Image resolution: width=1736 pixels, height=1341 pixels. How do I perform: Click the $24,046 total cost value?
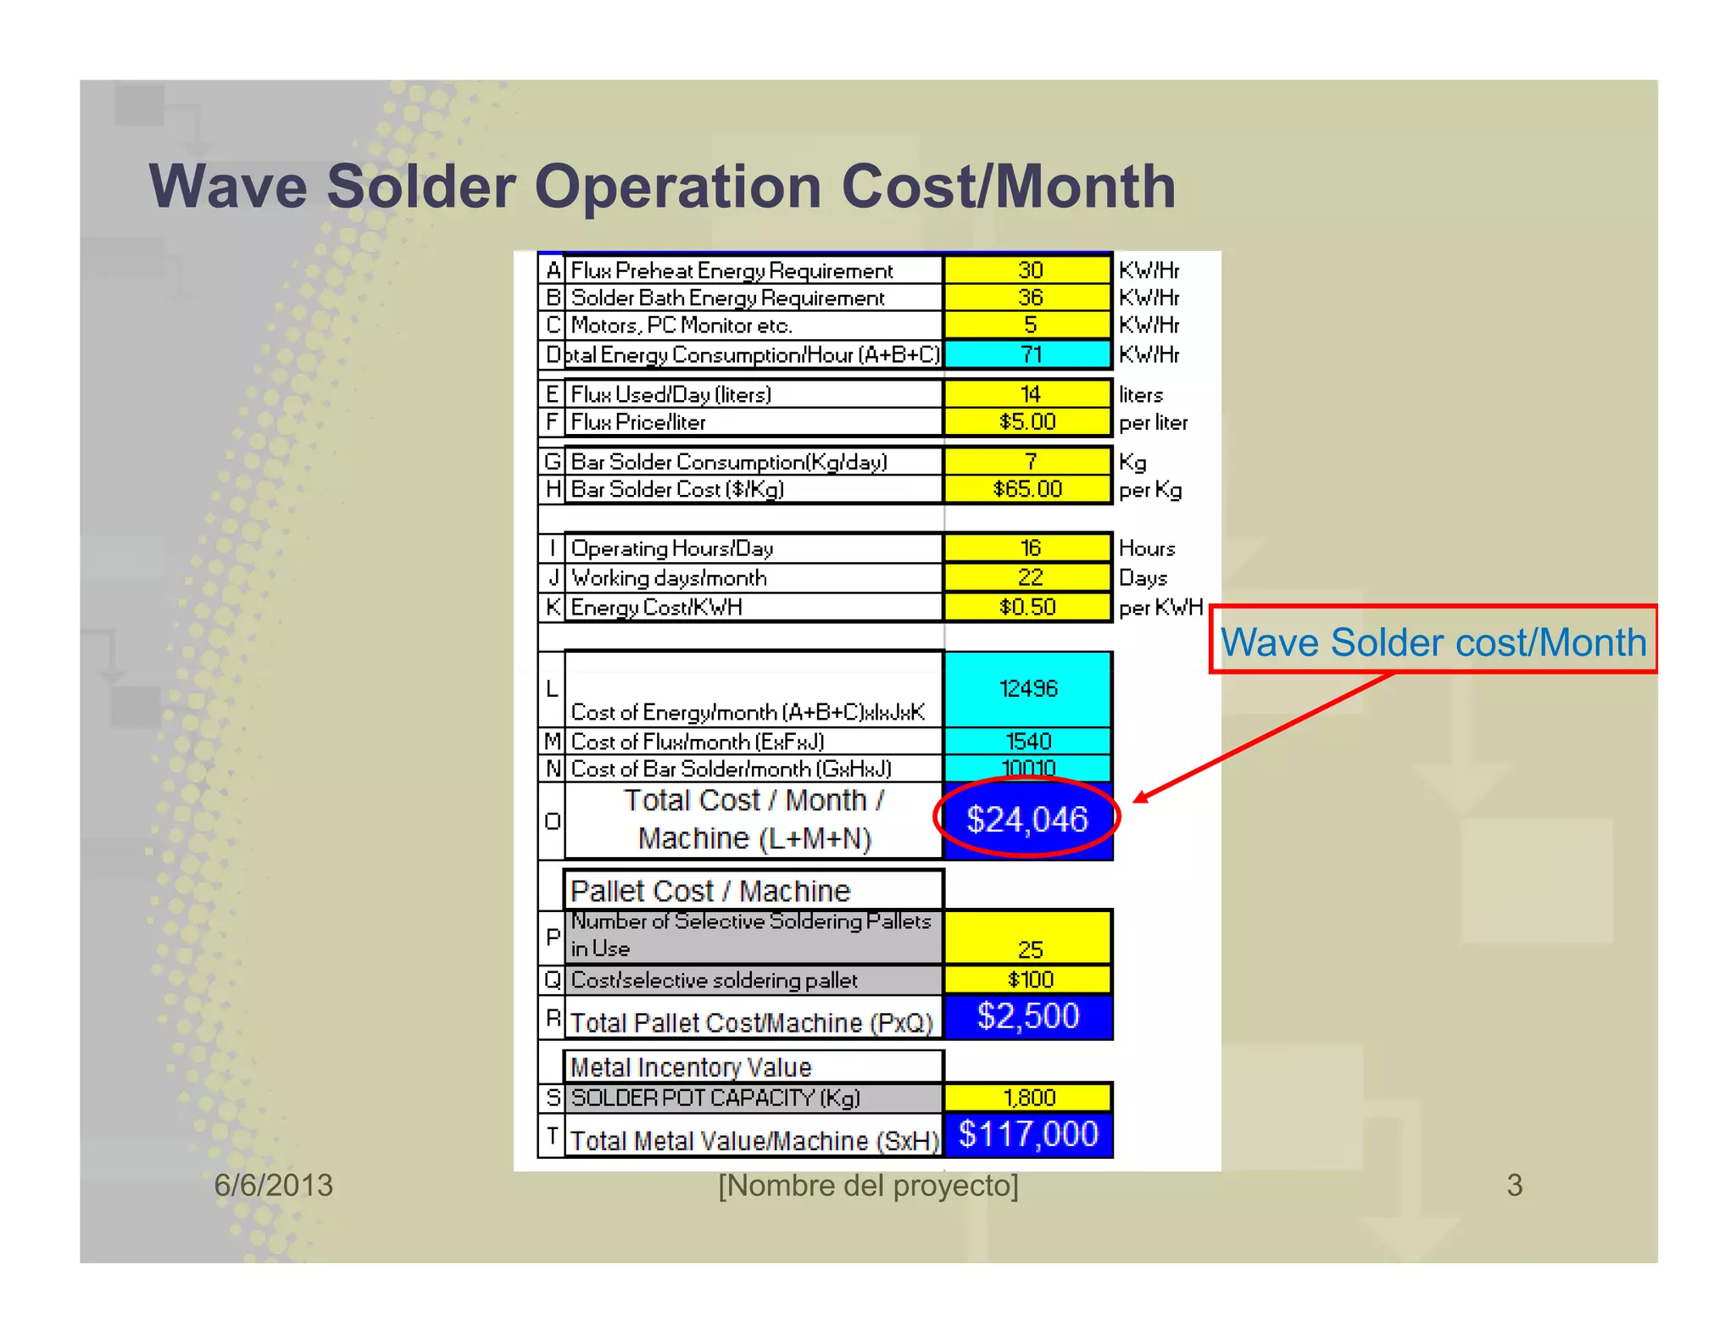1027,820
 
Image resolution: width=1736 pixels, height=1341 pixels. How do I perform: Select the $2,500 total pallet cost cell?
1027,1016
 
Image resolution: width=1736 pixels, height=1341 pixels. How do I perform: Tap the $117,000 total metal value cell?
1027,1134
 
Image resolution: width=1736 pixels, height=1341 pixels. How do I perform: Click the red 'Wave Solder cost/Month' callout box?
1433,642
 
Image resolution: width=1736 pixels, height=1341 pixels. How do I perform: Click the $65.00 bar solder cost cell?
1027,489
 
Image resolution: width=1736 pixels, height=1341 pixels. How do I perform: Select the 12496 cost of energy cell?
1027,688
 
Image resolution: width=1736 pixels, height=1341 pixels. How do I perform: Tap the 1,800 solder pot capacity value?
1029,1098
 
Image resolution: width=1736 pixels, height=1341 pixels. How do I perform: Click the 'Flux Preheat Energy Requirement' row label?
732,271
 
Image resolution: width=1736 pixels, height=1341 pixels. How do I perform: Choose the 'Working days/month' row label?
669,578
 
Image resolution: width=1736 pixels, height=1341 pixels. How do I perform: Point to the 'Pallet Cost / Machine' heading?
710,891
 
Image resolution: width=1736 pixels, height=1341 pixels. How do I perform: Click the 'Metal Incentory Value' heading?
691,1067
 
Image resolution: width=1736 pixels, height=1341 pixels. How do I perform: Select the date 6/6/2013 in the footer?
273,1185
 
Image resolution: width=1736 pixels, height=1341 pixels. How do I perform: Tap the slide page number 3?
1514,1185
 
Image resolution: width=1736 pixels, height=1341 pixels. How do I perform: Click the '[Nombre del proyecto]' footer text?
868,1185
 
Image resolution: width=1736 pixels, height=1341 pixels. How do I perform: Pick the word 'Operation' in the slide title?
679,186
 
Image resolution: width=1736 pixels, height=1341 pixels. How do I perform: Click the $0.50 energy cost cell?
1027,607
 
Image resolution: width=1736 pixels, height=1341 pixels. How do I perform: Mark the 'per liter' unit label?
1153,422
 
